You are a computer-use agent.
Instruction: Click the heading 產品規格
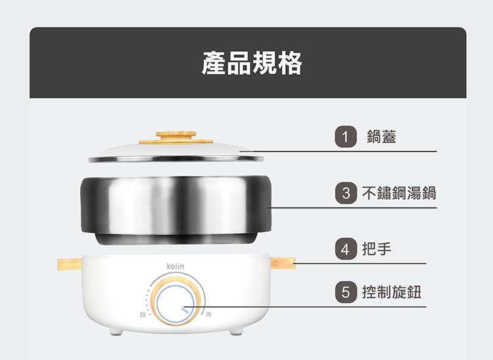[x=252, y=63]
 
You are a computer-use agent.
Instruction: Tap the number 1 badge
[x=346, y=137]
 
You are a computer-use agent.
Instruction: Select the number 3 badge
[x=346, y=193]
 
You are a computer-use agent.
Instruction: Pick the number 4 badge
[x=346, y=249]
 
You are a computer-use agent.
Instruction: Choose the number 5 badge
[x=346, y=292]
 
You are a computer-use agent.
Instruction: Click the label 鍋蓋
[x=381, y=137]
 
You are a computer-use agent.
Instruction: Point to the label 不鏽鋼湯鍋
[x=399, y=193]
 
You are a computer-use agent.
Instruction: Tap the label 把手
[x=377, y=249]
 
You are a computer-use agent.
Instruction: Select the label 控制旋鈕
[x=392, y=292]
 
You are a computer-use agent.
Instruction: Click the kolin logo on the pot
[x=176, y=267]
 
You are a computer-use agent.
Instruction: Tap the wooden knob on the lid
[x=176, y=137]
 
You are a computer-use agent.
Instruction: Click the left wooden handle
[x=70, y=264]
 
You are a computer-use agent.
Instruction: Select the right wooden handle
[x=283, y=263]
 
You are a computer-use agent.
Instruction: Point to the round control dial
[x=176, y=302]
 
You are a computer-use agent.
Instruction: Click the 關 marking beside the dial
[x=143, y=315]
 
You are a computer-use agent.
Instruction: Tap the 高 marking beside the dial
[x=209, y=315]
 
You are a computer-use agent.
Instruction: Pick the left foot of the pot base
[x=116, y=331]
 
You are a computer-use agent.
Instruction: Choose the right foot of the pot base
[x=236, y=331]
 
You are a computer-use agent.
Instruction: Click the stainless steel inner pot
[x=176, y=210]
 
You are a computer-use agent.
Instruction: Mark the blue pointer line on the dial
[x=185, y=310]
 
